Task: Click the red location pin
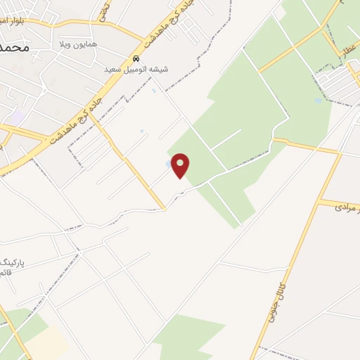click(x=181, y=166)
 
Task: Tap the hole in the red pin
click(x=181, y=164)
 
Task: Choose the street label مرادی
click(x=346, y=208)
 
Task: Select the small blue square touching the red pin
click(x=167, y=164)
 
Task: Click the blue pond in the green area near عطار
click(x=319, y=100)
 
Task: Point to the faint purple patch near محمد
click(x=17, y=117)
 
